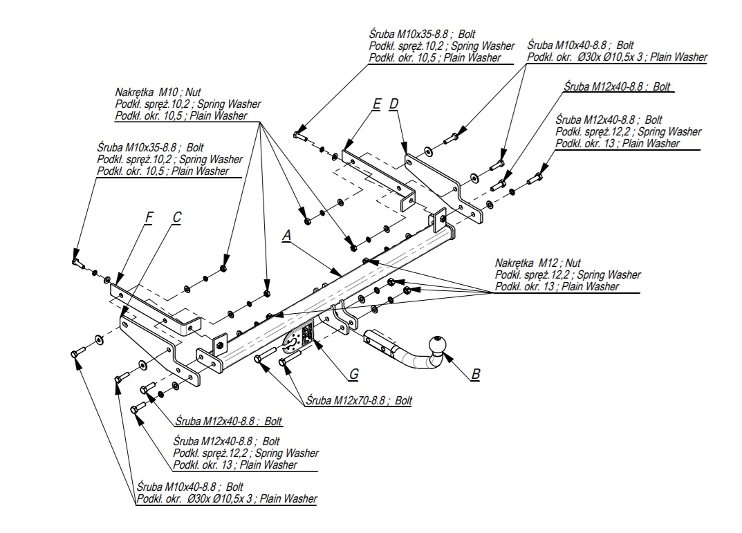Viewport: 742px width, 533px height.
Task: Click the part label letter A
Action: pyautogui.click(x=286, y=236)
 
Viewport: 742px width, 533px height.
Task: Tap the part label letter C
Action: pyautogui.click(x=176, y=218)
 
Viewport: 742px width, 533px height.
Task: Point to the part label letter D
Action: pyautogui.click(x=393, y=104)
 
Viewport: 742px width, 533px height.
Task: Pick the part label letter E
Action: pyautogui.click(x=376, y=104)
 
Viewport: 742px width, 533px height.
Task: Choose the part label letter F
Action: pyautogui.click(x=148, y=218)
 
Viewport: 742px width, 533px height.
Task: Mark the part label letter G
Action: pyautogui.click(x=353, y=374)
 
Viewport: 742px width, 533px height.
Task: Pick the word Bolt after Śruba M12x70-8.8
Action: pyautogui.click(x=403, y=400)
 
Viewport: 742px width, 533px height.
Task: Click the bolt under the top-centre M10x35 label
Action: pyautogui.click(x=301, y=135)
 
